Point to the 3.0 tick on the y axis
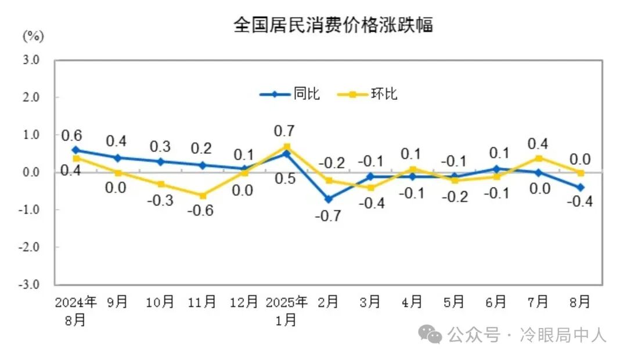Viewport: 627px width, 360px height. (x=31, y=60)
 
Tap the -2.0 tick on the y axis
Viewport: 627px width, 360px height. (x=30, y=247)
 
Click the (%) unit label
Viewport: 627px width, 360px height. (x=33, y=37)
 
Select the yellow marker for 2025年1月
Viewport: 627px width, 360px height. (x=287, y=147)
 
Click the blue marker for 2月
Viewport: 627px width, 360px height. (x=329, y=199)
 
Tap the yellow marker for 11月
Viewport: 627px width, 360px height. (x=202, y=195)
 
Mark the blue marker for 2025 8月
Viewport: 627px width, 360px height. (x=580, y=188)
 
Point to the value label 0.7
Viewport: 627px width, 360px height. (x=284, y=131)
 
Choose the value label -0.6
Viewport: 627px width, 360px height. (x=200, y=211)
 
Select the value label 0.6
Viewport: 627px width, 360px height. (x=71, y=136)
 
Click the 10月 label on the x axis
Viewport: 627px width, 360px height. (x=160, y=302)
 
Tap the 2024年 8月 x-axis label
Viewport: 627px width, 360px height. (x=75, y=310)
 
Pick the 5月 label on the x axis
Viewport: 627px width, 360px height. (x=454, y=302)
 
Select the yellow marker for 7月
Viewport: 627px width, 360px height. (x=539, y=158)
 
